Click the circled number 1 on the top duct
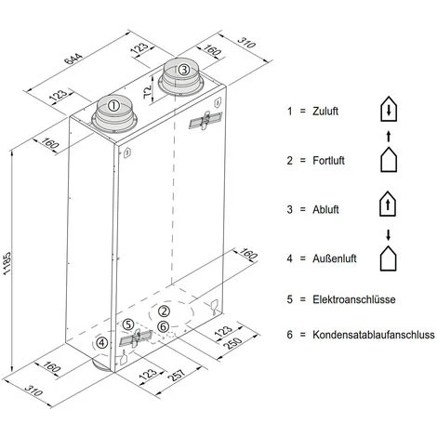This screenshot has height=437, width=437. [x=113, y=106]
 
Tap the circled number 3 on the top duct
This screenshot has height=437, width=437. [x=184, y=70]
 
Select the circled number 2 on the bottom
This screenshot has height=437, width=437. [x=164, y=311]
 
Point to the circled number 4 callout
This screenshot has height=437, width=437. [x=102, y=343]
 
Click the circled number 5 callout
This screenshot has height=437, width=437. [x=128, y=324]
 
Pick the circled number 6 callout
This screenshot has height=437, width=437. [x=163, y=326]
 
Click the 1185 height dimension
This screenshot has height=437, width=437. [x=7, y=263]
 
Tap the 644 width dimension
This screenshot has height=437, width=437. [x=73, y=59]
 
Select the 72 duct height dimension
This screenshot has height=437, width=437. [x=148, y=91]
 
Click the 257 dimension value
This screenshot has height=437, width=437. [x=177, y=375]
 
